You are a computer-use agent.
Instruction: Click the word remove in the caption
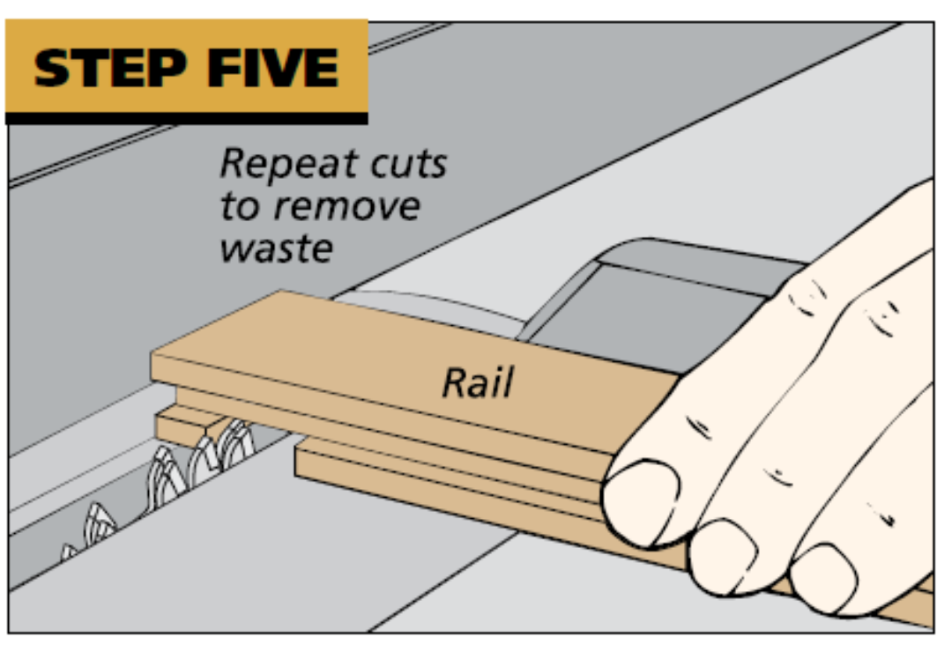click(x=346, y=208)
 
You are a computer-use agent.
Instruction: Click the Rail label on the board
click(x=477, y=381)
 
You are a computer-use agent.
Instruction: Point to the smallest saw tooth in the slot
click(x=69, y=553)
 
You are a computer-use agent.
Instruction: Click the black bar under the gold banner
click(x=186, y=117)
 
